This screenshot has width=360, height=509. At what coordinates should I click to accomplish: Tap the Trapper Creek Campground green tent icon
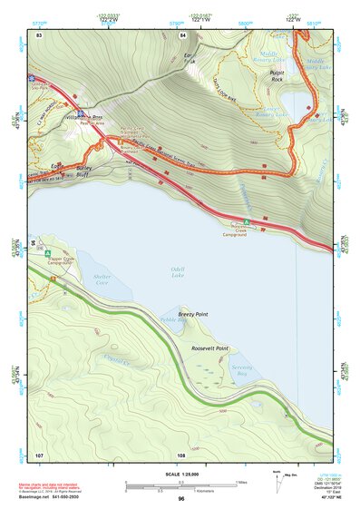(49, 250)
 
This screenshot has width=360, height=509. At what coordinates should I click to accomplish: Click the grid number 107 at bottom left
(39, 454)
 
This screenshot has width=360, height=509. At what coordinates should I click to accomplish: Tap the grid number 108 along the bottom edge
(182, 454)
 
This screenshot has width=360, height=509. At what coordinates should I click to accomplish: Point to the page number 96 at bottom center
(181, 498)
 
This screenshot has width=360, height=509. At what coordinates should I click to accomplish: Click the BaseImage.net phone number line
(52, 498)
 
